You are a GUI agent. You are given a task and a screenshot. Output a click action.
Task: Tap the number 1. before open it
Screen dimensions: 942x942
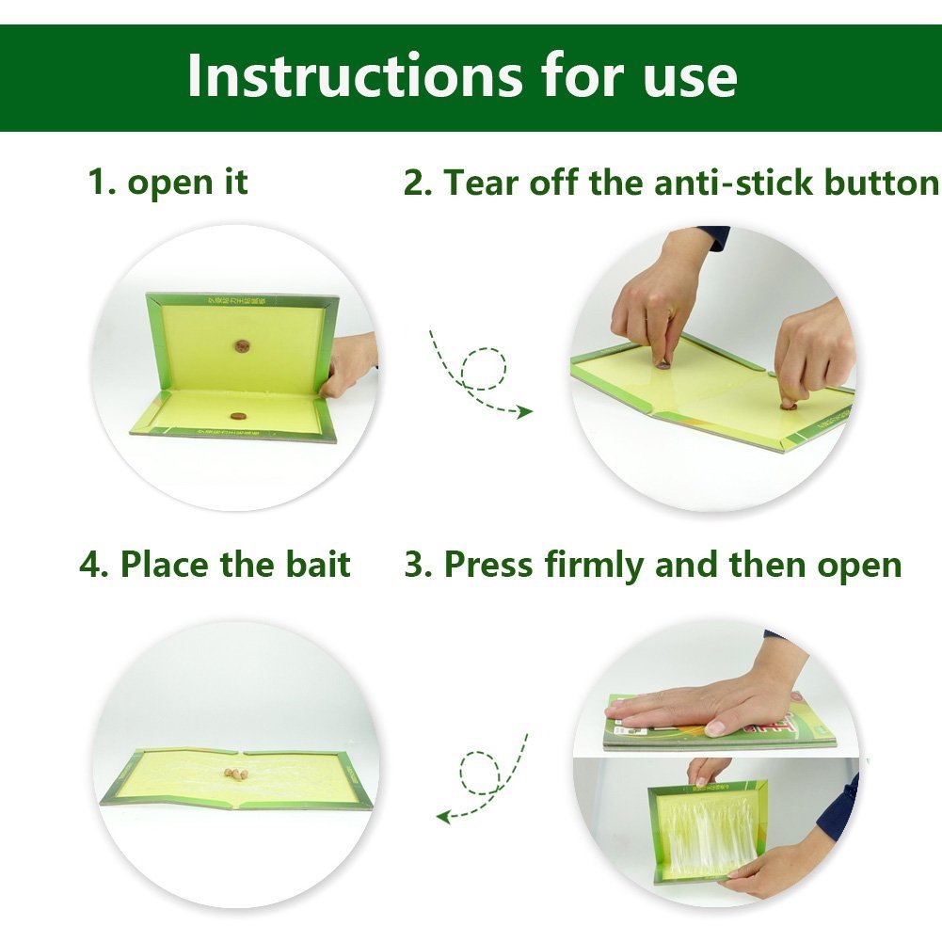[x=102, y=181]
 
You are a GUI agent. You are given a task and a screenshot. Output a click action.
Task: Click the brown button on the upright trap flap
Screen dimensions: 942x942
[x=244, y=346]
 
